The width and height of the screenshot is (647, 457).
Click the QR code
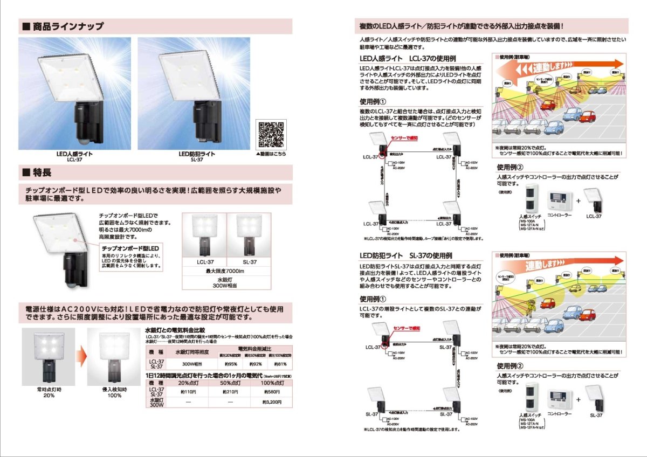[x=271, y=135]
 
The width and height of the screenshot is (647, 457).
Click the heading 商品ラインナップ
[x=68, y=26]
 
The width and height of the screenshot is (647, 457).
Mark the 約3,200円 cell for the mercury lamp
[x=272, y=402]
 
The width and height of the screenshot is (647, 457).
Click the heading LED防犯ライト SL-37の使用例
[x=405, y=255]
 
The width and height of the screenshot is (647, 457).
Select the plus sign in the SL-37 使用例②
[x=578, y=399]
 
